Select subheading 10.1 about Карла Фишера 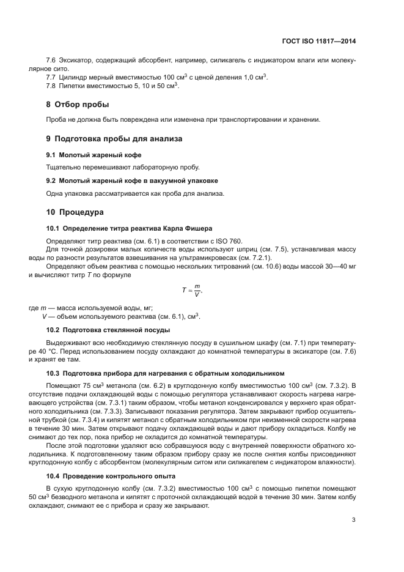(129, 228)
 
